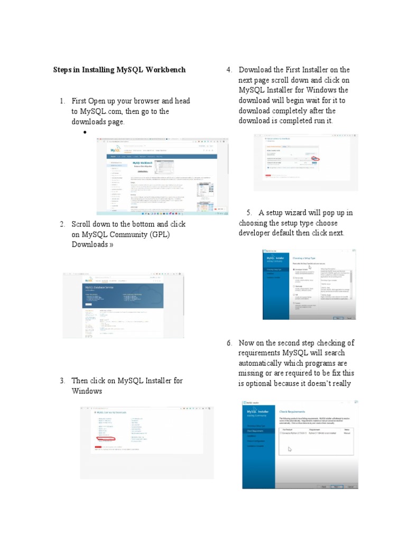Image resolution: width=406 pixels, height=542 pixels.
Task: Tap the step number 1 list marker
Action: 62,101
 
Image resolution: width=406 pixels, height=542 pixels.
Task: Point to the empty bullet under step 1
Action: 84,132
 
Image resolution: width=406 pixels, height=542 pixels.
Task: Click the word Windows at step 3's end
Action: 87,391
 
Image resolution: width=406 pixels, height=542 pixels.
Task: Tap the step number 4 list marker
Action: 229,70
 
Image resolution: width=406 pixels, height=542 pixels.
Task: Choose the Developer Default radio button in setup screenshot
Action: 294,269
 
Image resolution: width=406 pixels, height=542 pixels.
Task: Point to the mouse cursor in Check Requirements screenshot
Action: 290,449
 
